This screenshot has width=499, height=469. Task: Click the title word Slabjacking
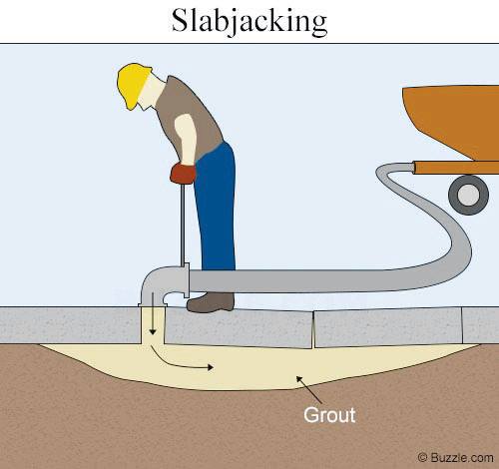coord(249,22)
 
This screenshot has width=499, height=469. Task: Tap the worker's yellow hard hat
coord(133,85)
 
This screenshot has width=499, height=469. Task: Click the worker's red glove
coord(183,173)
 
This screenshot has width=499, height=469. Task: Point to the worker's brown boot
coord(211,302)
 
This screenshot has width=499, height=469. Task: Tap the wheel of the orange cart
coord(468,195)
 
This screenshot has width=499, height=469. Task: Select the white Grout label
coord(329,415)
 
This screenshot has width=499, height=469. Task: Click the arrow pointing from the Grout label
coord(309,390)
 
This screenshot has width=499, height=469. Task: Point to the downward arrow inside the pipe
coord(153,313)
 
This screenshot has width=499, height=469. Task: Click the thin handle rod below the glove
coord(183,225)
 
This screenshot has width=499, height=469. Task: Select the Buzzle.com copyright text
coord(456,458)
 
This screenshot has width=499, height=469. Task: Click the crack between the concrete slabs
coord(313,329)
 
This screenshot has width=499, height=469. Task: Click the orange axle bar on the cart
coord(456,168)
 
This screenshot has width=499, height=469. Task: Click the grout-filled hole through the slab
coord(153,325)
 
